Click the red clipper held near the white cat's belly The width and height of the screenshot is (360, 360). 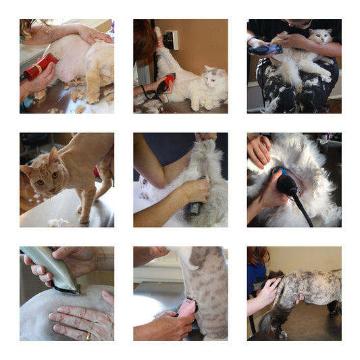164,84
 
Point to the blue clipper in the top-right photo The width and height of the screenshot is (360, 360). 265,49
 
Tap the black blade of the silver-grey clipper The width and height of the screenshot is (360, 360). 68,289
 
